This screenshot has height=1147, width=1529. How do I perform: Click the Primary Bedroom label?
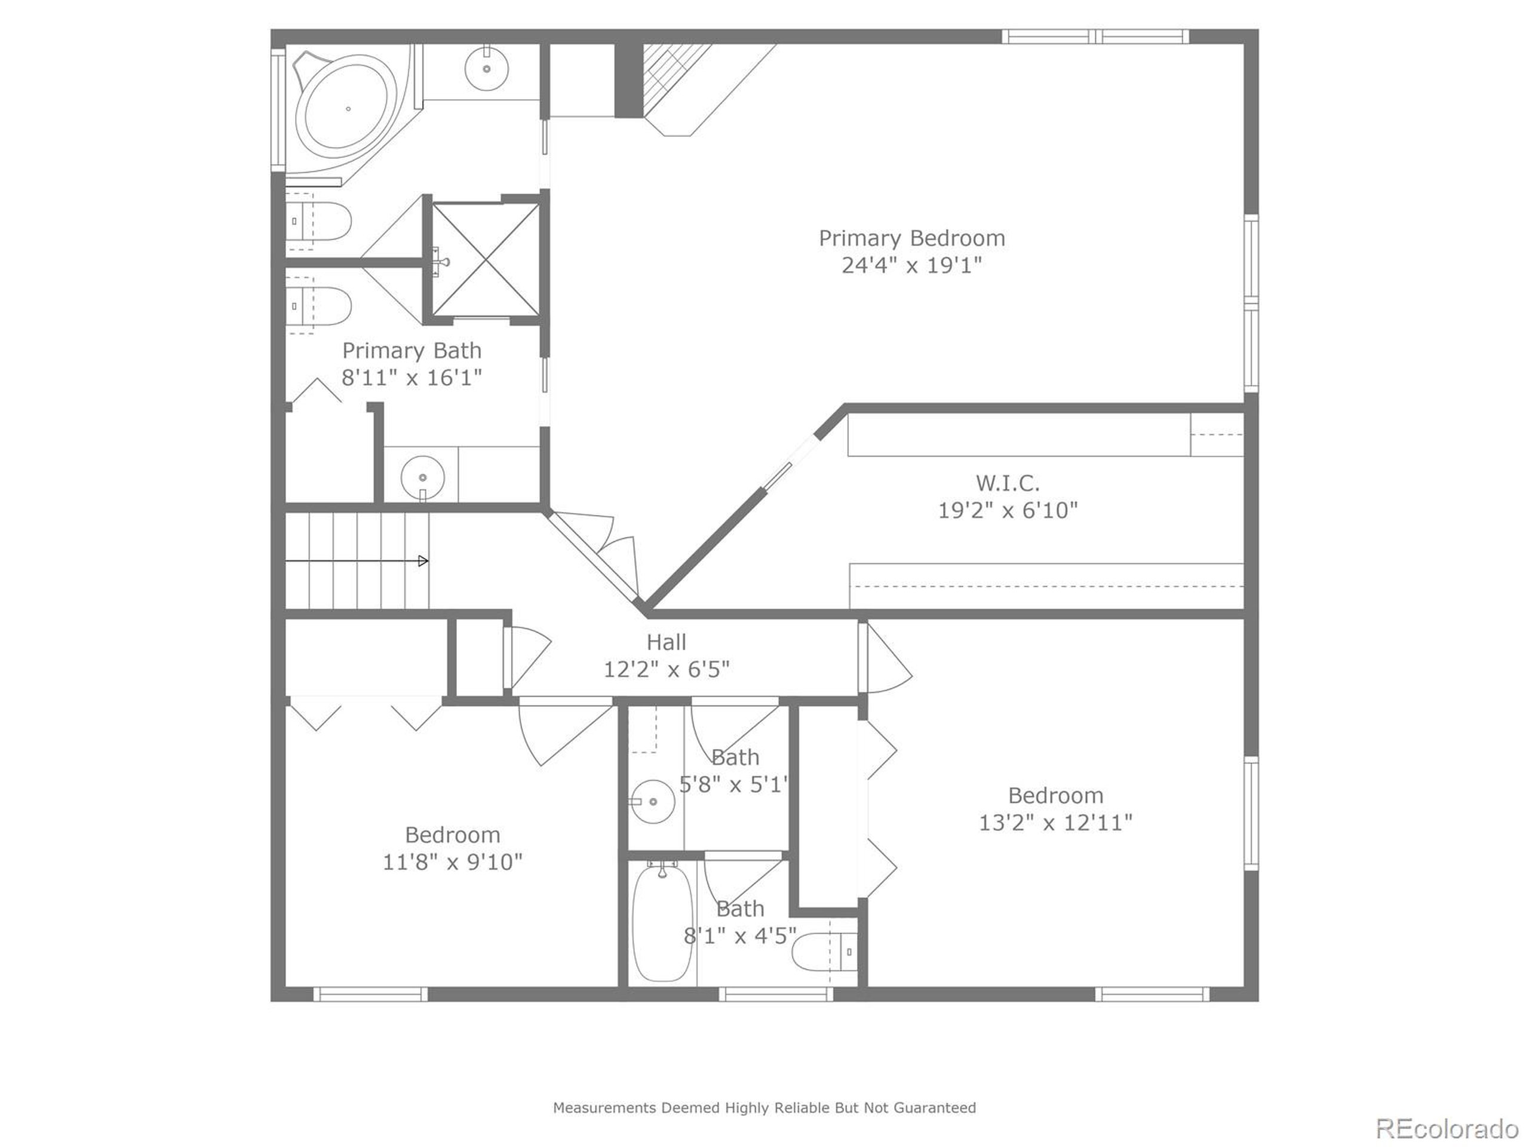pyautogui.click(x=912, y=238)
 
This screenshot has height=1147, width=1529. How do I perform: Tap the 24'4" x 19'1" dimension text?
pyautogui.click(x=912, y=265)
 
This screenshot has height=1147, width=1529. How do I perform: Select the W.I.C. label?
pyautogui.click(x=1008, y=483)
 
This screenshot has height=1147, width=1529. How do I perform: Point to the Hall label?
pyautogui.click(x=667, y=642)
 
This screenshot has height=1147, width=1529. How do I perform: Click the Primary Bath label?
pyautogui.click(x=412, y=351)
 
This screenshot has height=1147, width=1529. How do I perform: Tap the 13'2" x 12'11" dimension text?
pyautogui.click(x=1055, y=823)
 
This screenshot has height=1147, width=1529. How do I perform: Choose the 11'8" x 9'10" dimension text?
pyautogui.click(x=453, y=862)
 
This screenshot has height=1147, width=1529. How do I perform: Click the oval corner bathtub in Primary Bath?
pyautogui.click(x=348, y=109)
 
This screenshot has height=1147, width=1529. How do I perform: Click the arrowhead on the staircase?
pyautogui.click(x=423, y=561)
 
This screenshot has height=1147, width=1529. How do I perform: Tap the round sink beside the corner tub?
pyautogui.click(x=487, y=69)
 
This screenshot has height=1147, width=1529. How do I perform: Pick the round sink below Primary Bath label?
pyautogui.click(x=422, y=478)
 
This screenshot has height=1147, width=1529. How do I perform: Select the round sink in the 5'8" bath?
pyautogui.click(x=653, y=801)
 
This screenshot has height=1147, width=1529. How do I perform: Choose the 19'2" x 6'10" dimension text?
pyautogui.click(x=1008, y=510)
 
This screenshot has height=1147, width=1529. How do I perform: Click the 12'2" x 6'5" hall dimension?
pyautogui.click(x=667, y=669)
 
